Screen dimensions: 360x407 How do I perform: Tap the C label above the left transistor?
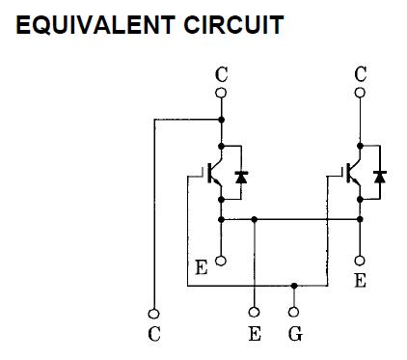(221, 72)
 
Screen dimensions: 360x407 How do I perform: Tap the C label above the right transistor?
(361, 72)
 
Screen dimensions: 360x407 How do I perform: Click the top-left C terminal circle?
(221, 93)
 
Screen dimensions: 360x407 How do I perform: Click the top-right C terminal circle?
(361, 93)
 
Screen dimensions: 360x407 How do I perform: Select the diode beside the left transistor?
(241, 177)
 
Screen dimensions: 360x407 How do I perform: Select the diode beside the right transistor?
(380, 177)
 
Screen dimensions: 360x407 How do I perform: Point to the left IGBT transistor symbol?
(215, 175)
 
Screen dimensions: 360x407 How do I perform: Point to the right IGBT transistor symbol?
(354, 175)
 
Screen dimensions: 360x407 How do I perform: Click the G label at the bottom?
(294, 335)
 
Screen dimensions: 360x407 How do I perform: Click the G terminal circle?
(294, 313)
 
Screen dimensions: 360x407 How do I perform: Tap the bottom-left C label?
(152, 335)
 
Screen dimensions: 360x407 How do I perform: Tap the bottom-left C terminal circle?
(152, 313)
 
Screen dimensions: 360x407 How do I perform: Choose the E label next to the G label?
(255, 335)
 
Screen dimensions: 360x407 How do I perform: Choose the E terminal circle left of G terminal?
(255, 313)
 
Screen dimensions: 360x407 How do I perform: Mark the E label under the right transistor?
(361, 281)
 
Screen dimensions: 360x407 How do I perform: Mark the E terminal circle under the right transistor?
(361, 261)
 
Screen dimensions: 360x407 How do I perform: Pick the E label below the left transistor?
(201, 267)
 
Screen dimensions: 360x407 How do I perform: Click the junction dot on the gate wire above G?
(294, 286)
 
